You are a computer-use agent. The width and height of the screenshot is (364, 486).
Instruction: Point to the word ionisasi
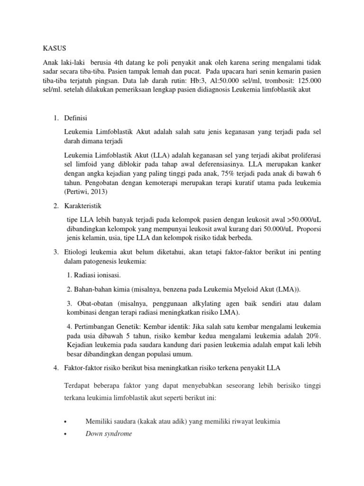tap(107, 275)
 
